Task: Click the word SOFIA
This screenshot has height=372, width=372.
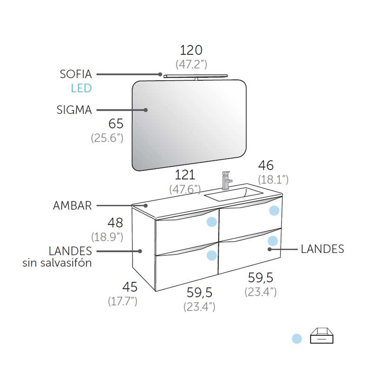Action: click(x=76, y=74)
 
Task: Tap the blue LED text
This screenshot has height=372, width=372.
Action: click(x=81, y=88)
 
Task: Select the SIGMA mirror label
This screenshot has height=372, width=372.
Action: click(x=74, y=110)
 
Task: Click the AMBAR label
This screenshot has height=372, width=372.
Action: click(x=73, y=206)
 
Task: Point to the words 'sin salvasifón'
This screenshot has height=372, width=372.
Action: click(x=57, y=263)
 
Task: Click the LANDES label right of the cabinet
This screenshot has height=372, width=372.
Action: click(x=322, y=249)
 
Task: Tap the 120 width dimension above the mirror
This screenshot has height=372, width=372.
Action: click(x=191, y=50)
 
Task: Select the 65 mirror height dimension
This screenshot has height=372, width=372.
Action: click(x=116, y=124)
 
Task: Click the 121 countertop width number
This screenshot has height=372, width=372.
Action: click(x=185, y=175)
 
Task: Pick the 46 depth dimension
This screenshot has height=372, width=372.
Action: click(x=266, y=166)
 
